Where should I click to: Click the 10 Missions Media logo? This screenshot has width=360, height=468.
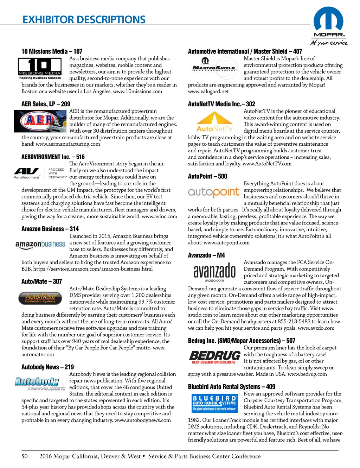click(40, 68)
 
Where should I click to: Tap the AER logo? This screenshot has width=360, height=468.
click(40, 121)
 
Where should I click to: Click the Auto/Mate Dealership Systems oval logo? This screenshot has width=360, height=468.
click(40, 298)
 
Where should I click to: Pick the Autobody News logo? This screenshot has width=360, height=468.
click(40, 384)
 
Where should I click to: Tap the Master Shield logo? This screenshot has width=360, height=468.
click(214, 65)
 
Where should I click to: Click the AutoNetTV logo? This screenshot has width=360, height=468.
click(214, 121)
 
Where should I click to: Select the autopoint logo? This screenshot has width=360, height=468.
click(214, 192)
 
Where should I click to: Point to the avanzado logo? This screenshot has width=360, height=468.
click(214, 272)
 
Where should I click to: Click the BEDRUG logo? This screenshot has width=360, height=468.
click(214, 357)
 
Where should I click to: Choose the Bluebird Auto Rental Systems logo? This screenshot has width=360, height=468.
click(214, 403)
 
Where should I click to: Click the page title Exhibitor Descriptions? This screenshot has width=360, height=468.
click(84, 20)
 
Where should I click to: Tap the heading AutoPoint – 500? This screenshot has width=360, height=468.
click(207, 176)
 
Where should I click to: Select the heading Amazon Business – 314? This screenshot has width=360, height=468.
click(50, 229)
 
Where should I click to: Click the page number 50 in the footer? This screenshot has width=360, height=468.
click(25, 456)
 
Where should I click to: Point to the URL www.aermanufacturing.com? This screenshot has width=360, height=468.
click(68, 144)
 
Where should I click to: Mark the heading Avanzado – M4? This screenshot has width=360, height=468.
click(206, 255)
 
